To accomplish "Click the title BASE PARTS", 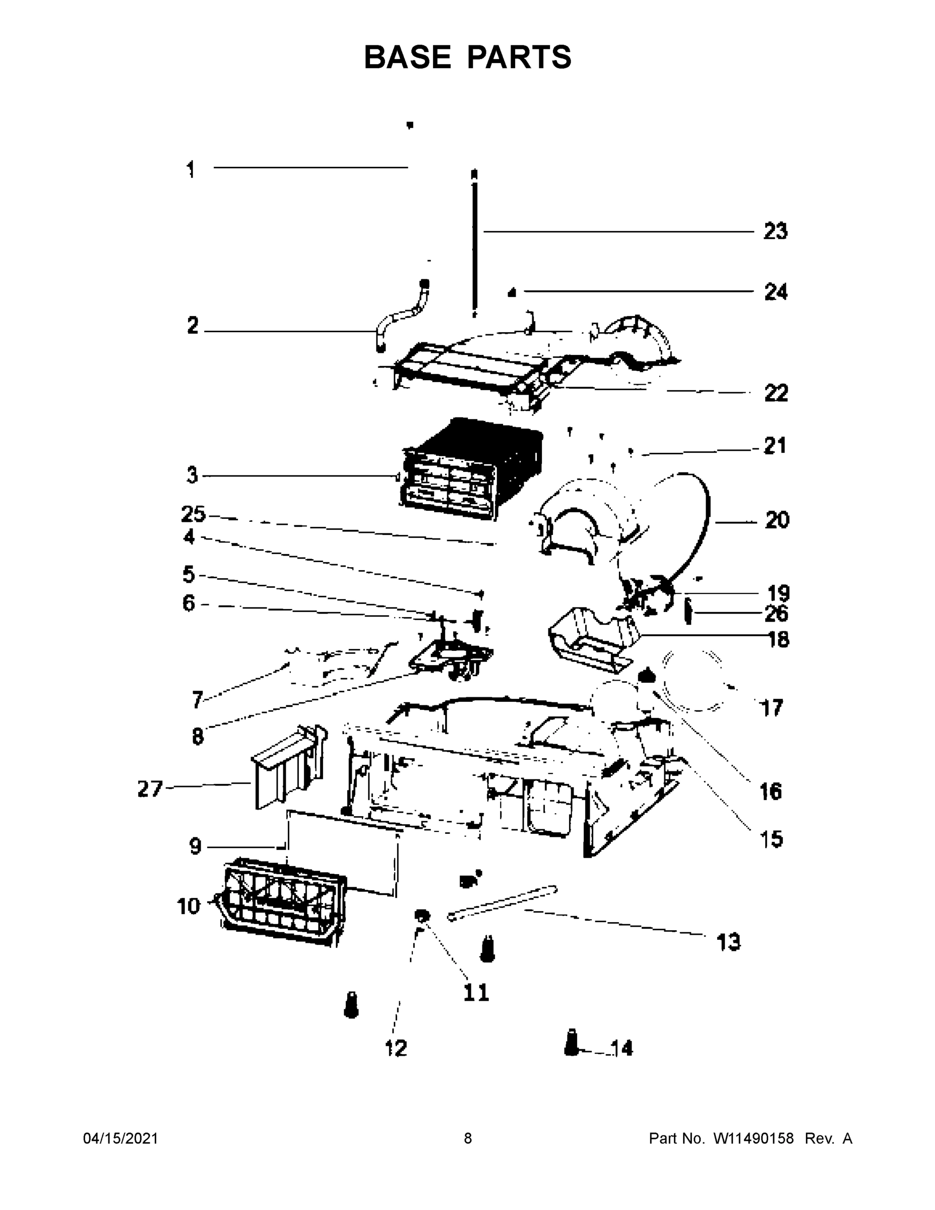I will point(468,57).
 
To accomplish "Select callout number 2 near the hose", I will point(192,325).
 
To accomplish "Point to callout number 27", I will point(150,789).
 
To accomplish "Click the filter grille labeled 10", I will point(282,903).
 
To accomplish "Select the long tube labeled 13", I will point(502,903).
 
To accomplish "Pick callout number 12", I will point(396,1048).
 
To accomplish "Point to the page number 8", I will point(468,1138).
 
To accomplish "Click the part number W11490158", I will point(754,1138).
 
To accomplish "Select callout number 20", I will point(777,520).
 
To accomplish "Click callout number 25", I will point(193,515).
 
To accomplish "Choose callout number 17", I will point(772,707).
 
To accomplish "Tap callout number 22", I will point(776,393).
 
